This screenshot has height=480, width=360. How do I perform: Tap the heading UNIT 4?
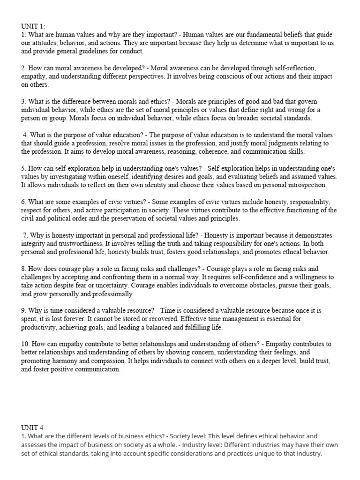[x=32, y=427]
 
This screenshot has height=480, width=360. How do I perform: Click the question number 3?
[x=23, y=101]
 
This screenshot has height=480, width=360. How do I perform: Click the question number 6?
[x=23, y=202]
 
